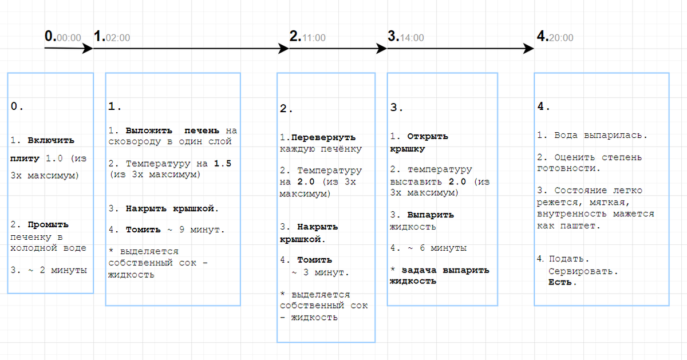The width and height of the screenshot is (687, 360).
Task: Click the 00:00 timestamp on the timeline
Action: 69,38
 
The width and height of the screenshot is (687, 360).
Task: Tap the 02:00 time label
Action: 118,38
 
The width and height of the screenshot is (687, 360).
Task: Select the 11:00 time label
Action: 314,38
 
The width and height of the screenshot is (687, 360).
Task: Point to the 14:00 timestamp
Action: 412,38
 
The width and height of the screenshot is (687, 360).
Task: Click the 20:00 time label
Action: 561,38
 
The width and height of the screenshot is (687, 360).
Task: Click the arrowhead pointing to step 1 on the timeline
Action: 88,49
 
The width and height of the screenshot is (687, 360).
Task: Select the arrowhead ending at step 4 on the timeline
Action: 528,49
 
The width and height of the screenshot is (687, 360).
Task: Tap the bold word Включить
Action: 51,140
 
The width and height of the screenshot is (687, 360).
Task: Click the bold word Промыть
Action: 48,225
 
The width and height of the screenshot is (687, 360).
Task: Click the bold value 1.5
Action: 222,164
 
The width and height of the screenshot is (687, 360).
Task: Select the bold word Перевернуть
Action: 323,137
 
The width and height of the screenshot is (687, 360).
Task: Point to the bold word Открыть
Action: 428,136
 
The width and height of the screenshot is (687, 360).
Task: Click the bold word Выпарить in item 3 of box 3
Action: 431,215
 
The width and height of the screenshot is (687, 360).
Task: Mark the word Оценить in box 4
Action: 574,157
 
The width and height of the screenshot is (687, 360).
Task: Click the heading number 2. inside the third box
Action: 286,109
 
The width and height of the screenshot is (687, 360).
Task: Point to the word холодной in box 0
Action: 33,248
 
